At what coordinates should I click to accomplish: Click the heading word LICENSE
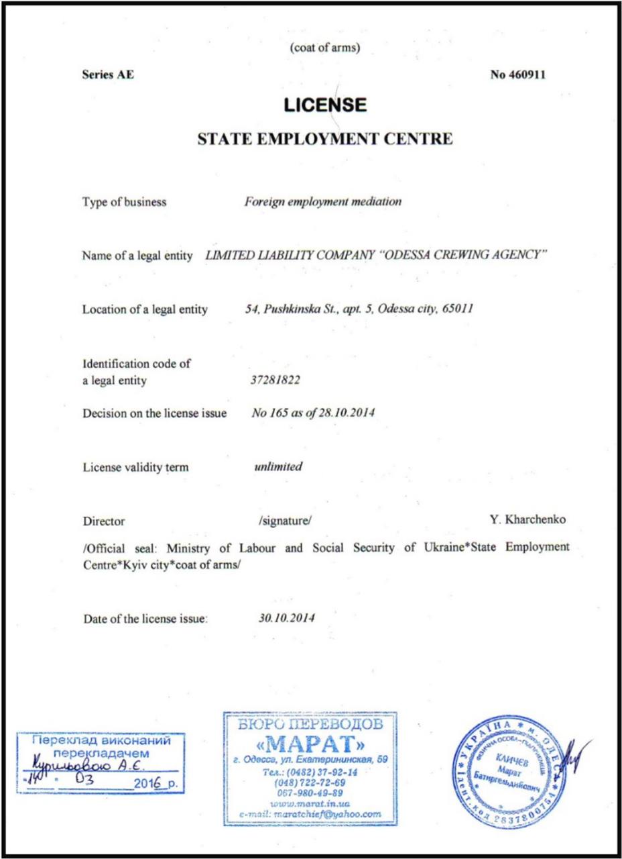[x=324, y=105]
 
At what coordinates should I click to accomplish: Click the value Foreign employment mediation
[x=323, y=202]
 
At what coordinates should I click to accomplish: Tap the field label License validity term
[x=135, y=468]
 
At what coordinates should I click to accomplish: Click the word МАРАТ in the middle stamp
[x=311, y=746]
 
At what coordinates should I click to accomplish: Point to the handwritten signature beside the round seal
[x=576, y=756]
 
